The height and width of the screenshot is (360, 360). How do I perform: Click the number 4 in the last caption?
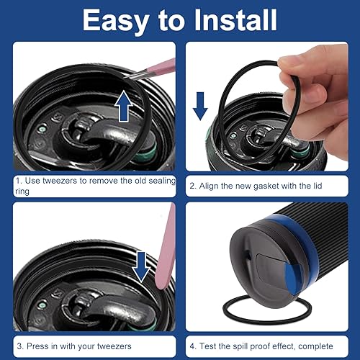click(192, 346)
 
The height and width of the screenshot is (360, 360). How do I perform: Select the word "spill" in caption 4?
click(245, 346)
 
